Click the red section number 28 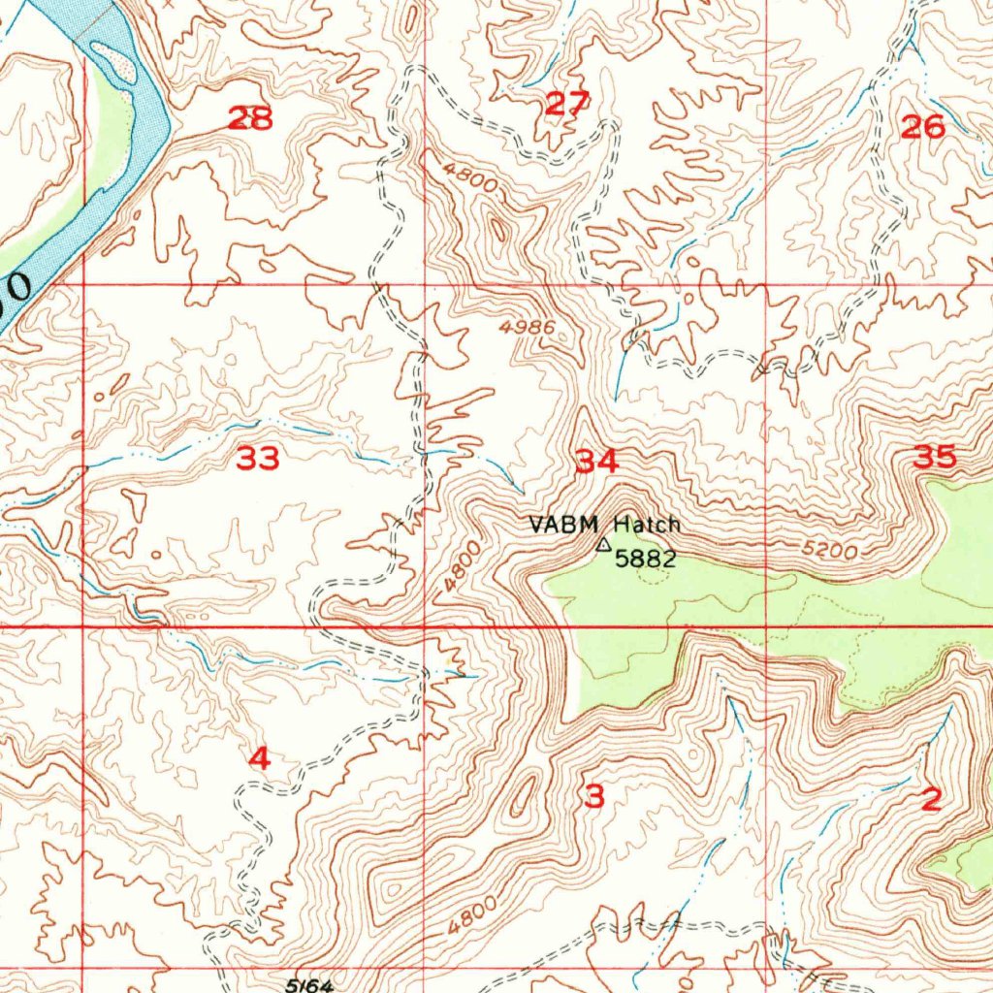point(250,118)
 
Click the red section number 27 point(567,103)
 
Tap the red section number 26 point(922,126)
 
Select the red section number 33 point(258,459)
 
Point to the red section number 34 point(596,462)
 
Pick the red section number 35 point(935,457)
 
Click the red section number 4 point(259,759)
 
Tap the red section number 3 point(594,797)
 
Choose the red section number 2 point(930,800)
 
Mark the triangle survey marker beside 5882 point(602,546)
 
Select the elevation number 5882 point(645,560)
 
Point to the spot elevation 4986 point(528,328)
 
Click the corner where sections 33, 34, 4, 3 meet point(425,627)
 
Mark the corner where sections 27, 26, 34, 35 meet point(767,286)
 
